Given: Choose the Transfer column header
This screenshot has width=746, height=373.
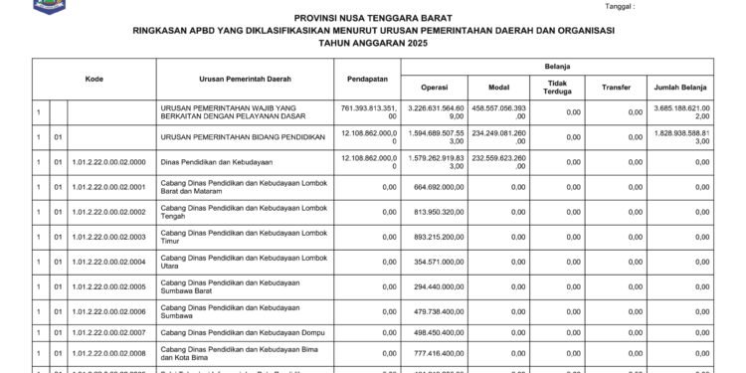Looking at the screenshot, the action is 616,87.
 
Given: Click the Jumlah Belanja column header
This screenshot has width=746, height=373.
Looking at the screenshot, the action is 677,87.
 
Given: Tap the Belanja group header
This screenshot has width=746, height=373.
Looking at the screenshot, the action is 557,65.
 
